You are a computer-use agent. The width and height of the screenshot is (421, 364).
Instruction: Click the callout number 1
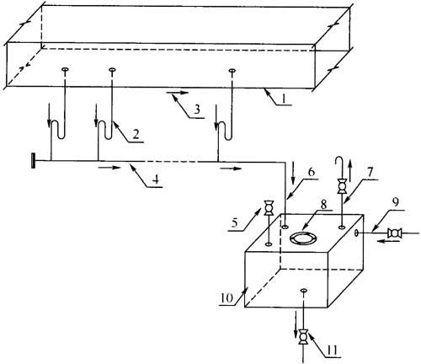tap(284, 99)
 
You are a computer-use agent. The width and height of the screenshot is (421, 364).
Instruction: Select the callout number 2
tap(136, 135)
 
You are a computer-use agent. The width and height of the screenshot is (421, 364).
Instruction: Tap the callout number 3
tap(197, 109)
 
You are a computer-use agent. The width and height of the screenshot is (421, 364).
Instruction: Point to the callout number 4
tap(157, 179)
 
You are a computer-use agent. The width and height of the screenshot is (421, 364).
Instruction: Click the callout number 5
tap(235, 222)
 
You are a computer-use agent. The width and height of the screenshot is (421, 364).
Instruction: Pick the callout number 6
tap(312, 172)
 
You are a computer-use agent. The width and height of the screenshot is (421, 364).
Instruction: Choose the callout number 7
tap(370, 172)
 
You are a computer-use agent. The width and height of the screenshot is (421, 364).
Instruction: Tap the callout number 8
tap(323, 205)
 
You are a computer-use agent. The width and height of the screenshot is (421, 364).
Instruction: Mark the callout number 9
tap(395, 202)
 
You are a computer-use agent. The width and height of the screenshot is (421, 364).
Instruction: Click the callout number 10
tap(226, 298)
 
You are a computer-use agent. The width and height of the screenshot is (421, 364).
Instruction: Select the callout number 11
tap(333, 351)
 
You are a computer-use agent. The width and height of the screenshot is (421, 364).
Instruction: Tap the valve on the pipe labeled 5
tap(269, 207)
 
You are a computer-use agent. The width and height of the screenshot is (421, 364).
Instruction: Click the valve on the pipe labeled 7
tap(342, 185)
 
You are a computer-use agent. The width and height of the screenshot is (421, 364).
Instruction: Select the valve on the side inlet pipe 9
tap(394, 233)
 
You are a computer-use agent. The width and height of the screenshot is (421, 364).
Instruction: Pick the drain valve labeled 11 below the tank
tap(303, 336)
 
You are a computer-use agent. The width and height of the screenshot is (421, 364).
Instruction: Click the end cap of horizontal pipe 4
tap(34, 161)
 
